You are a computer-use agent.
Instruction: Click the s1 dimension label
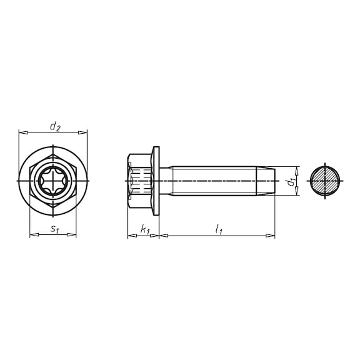[54, 229]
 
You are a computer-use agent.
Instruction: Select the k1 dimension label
[145, 230]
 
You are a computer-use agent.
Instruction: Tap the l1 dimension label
[218, 230]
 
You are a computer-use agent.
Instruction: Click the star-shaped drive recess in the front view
[53, 181]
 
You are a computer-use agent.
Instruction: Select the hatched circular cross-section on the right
[326, 181]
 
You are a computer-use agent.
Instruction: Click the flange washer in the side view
[156, 181]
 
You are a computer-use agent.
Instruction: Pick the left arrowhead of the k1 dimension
[130, 236]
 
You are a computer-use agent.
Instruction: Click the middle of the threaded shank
[212, 181]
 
